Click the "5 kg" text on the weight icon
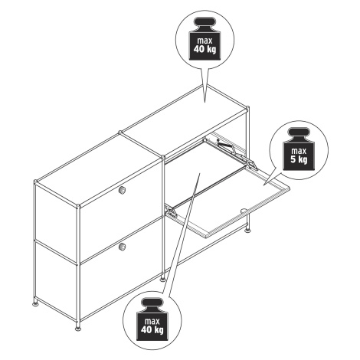[x=299, y=159]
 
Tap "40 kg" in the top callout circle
[x=205, y=49]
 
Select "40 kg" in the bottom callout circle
[x=152, y=330]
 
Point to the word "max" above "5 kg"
[x=299, y=151]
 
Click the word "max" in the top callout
[x=205, y=41]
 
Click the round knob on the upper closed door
[x=122, y=189]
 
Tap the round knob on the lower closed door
[x=123, y=247]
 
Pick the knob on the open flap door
[x=244, y=211]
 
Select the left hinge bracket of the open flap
[x=172, y=212]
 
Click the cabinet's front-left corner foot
[x=78, y=328]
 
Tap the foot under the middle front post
[x=162, y=280]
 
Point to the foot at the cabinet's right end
[x=247, y=231]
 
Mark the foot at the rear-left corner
[x=35, y=303]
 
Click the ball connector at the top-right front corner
[x=247, y=109]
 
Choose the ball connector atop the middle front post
[x=162, y=157]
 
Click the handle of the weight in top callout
[x=205, y=23]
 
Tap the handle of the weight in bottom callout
[x=152, y=304]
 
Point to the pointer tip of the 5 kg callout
[x=263, y=185]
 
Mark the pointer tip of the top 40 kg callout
[x=205, y=102]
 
